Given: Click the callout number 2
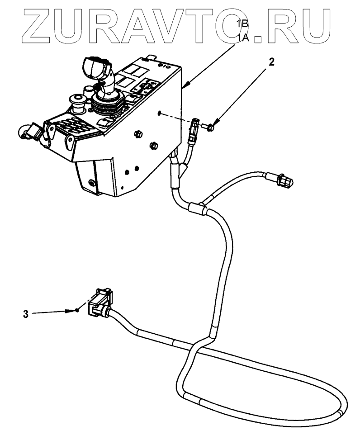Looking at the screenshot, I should (271, 62).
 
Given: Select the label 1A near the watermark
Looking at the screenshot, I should (244, 39).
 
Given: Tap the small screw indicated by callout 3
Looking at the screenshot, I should (78, 310).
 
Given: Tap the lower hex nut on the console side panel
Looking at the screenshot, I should (153, 145).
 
